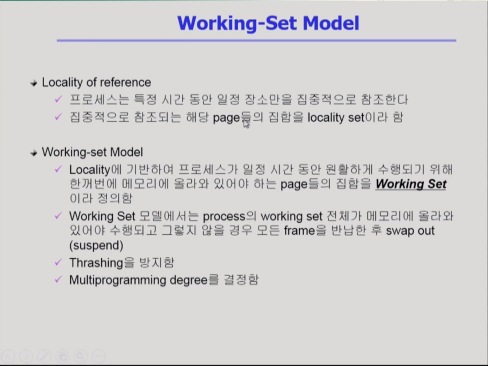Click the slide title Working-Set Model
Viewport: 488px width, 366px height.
(x=268, y=23)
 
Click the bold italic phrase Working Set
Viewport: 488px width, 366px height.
(x=411, y=184)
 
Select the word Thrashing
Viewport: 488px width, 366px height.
(x=96, y=263)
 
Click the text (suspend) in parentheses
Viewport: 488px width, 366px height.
(x=96, y=245)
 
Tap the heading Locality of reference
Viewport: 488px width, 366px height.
(x=96, y=82)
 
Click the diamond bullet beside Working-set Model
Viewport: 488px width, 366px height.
(x=34, y=153)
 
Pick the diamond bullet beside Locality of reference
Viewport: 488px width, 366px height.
(x=34, y=83)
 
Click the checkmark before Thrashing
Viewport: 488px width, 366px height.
(x=58, y=262)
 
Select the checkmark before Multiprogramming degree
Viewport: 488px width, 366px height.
(x=58, y=279)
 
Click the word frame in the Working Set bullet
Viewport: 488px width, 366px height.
(x=299, y=231)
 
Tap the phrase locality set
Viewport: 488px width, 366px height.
(x=336, y=117)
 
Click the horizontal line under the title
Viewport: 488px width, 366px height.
(x=256, y=41)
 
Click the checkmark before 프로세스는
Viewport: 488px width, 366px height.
(x=58, y=99)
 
